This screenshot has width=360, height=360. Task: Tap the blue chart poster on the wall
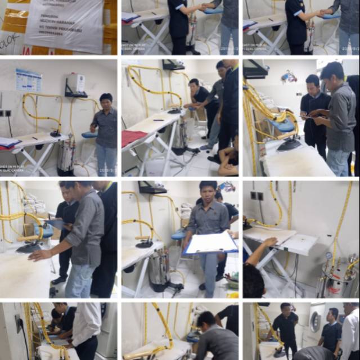[x=29, y=80]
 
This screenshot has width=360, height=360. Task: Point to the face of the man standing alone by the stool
[x=106, y=102]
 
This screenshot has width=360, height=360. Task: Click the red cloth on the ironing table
[x=133, y=137]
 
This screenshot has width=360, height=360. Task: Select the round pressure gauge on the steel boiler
[x=328, y=256]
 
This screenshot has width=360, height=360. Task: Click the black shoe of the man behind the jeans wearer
[x=58, y=279]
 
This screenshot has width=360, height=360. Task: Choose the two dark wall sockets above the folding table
[x=256, y=196]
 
